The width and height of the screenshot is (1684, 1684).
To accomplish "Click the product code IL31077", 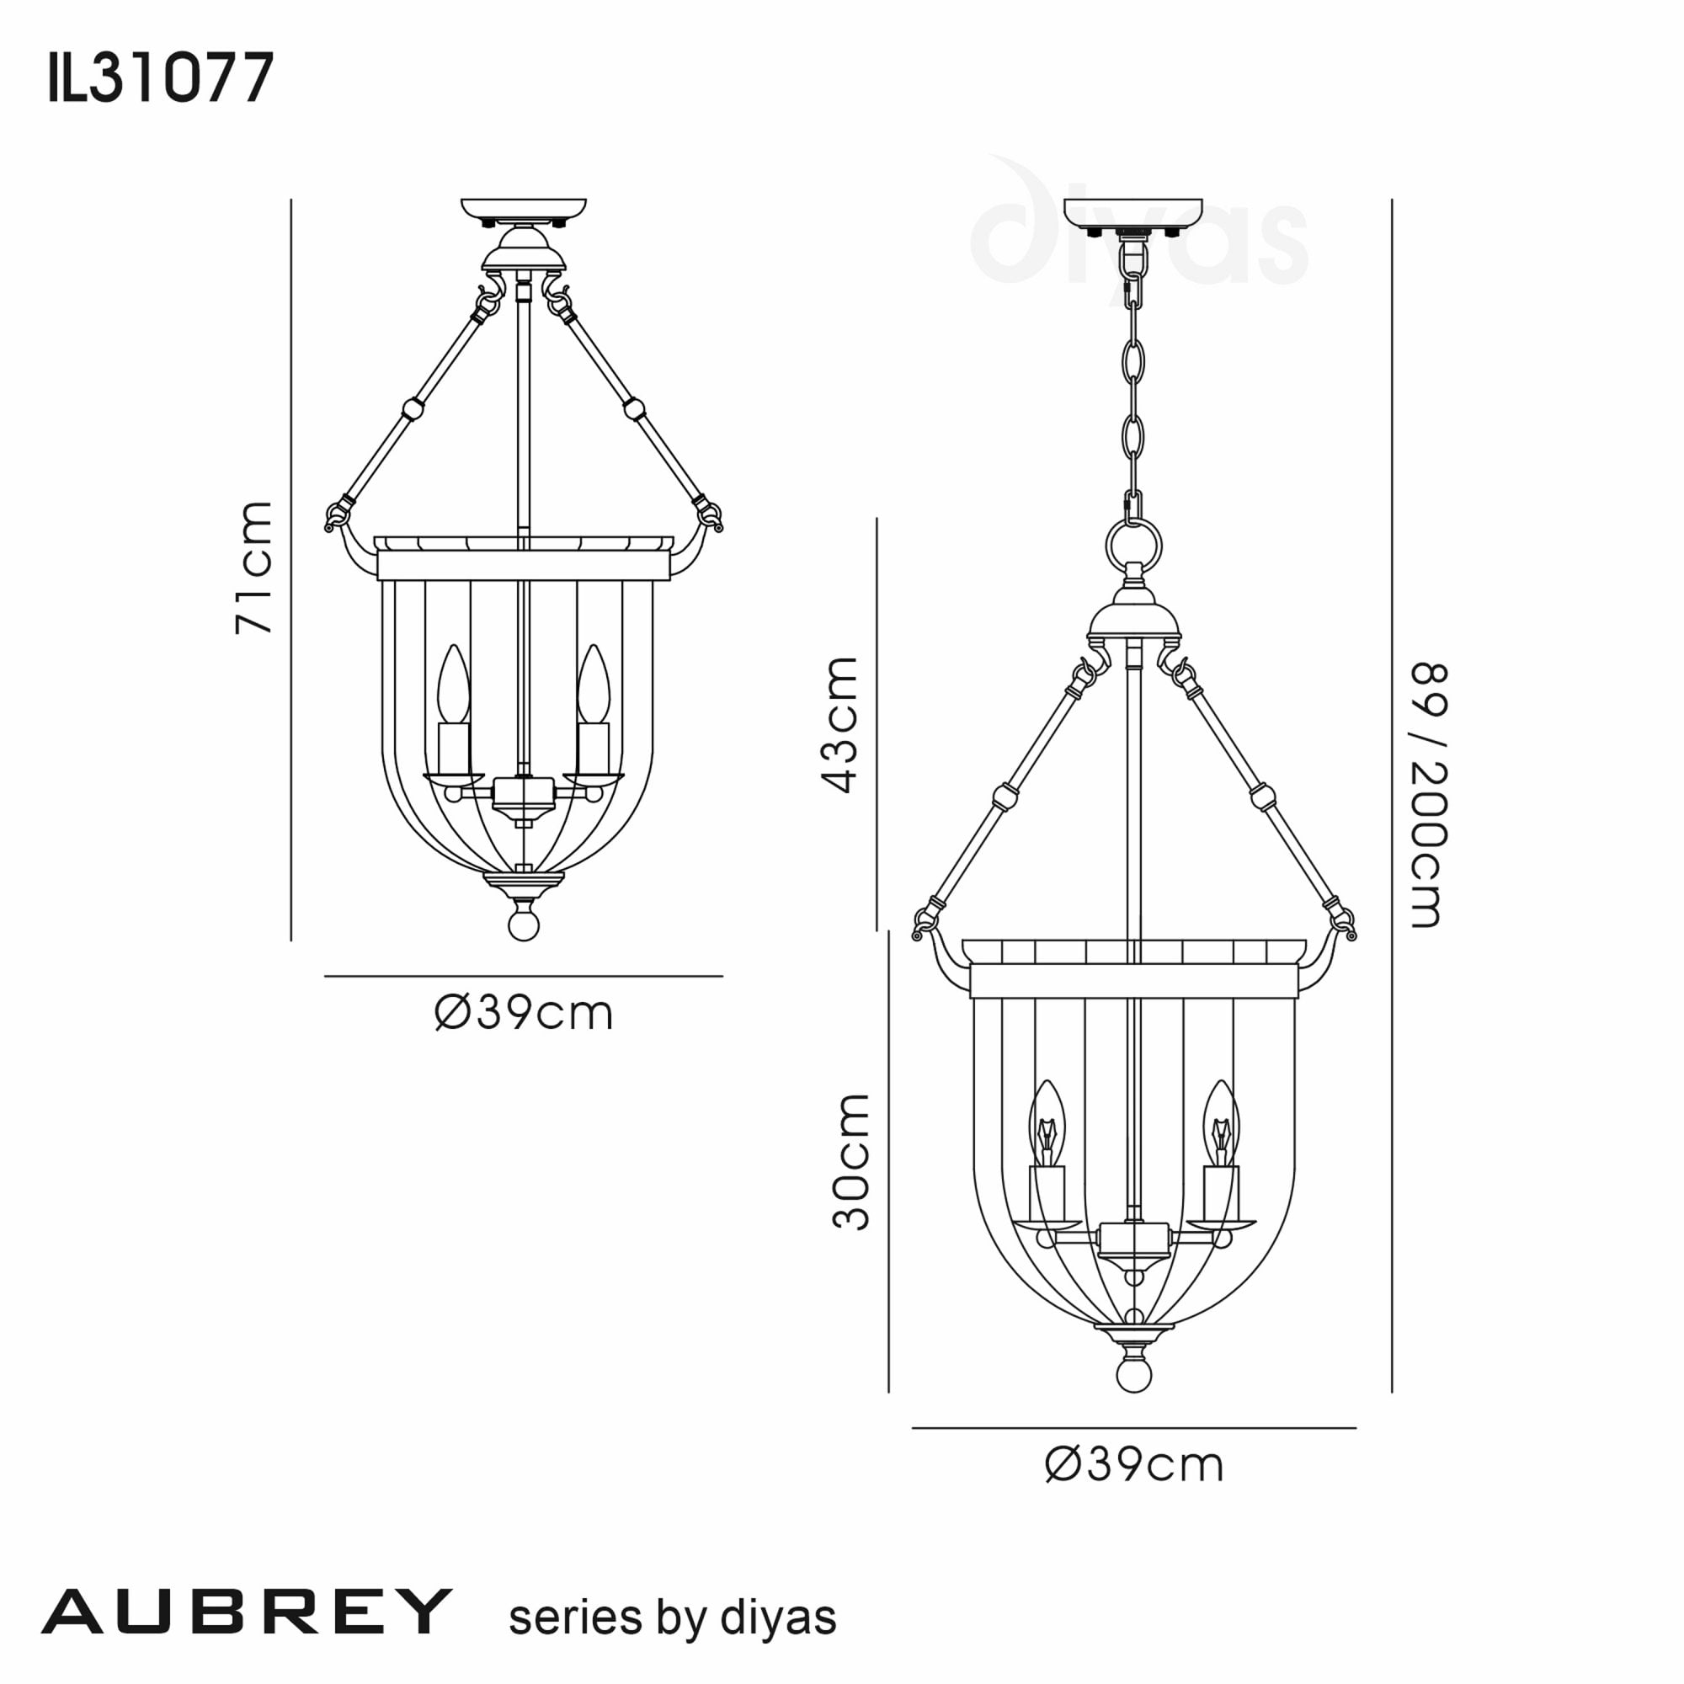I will [162, 77].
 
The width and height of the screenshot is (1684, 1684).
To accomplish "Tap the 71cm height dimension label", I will [254, 567].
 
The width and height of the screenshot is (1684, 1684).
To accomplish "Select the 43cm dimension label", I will [840, 724].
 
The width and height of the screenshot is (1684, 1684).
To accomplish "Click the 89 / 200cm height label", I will [1428, 794].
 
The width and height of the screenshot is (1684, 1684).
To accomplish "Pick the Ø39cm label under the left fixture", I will [524, 1013].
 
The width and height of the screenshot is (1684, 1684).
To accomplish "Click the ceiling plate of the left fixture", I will [524, 211].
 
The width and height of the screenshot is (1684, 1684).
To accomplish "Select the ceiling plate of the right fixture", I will [1133, 212].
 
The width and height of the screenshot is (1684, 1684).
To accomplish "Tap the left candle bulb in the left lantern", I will [453, 685].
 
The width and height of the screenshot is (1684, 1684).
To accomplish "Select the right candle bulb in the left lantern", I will [594, 685].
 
